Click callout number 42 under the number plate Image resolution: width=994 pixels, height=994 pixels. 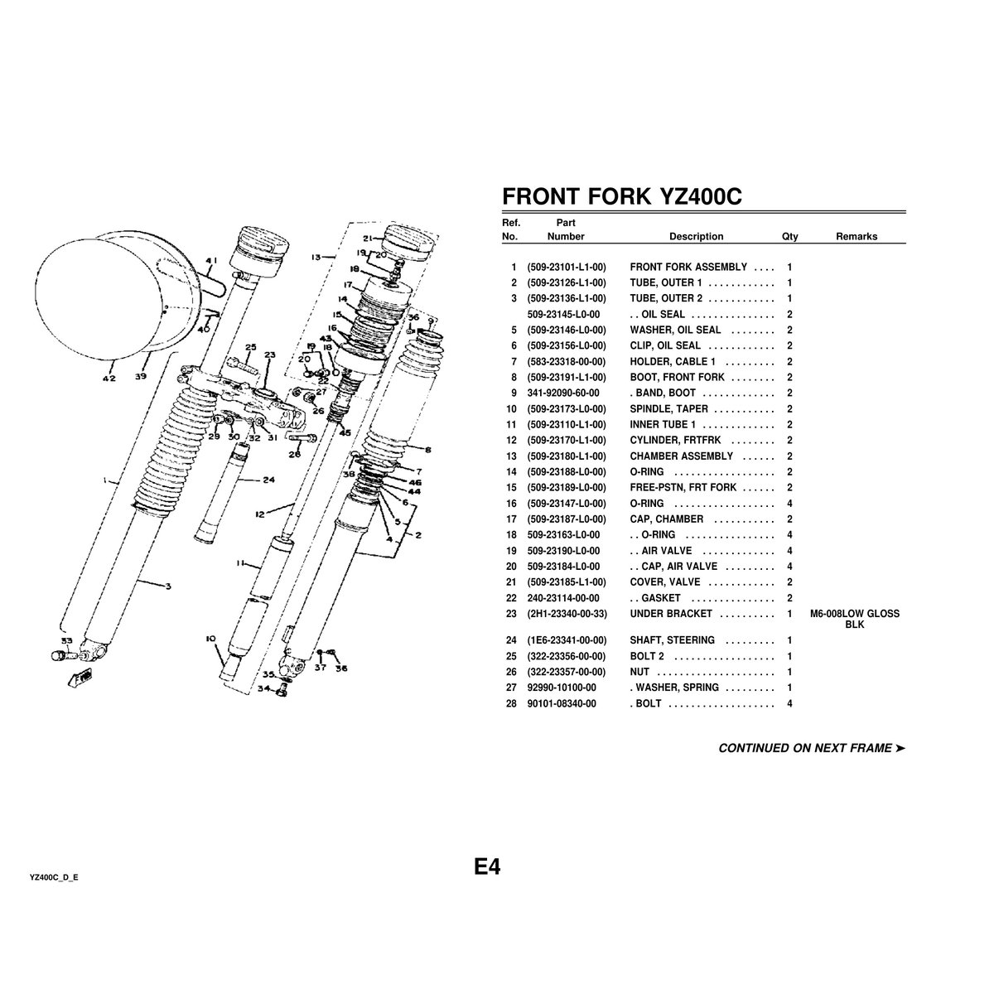[109, 379]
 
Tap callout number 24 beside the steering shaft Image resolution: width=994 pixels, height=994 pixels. [268, 480]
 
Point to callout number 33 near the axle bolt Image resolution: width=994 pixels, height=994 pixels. [66, 640]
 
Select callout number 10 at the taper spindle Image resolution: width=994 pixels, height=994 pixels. [210, 639]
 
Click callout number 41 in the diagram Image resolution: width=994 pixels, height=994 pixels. [211, 260]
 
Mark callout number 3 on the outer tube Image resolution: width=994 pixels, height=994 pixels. [167, 586]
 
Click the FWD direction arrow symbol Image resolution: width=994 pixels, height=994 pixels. [80, 678]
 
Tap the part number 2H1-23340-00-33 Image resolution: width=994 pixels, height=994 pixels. [567, 614]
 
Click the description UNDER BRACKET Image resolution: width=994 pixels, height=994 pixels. [671, 614]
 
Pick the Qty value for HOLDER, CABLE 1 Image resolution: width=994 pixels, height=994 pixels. [789, 362]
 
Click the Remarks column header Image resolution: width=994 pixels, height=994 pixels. [856, 237]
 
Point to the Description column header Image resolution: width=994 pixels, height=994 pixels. [696, 237]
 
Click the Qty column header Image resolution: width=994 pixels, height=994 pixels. [789, 237]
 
